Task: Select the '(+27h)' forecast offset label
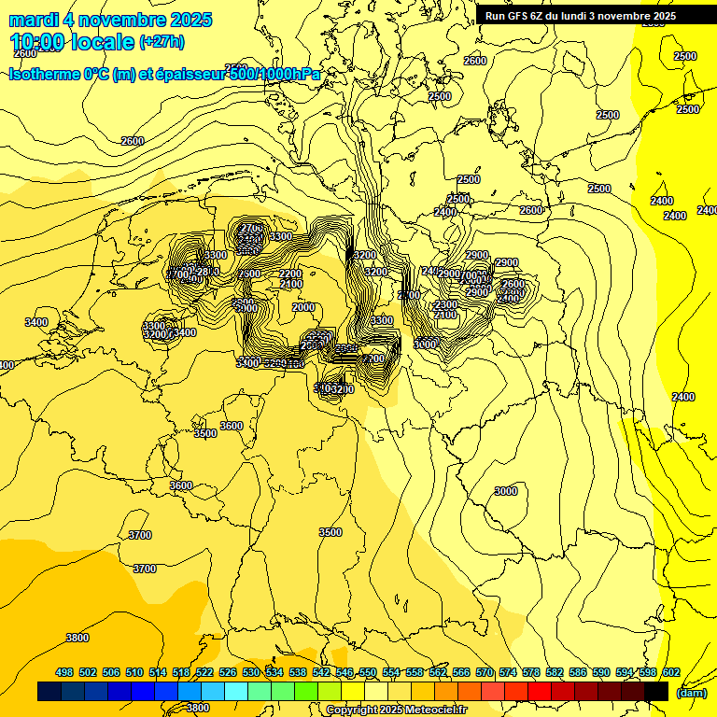[162, 41]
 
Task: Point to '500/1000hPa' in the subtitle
[274, 74]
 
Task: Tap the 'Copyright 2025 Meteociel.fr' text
[398, 710]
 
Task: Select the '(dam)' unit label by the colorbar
[690, 693]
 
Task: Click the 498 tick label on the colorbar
[64, 673]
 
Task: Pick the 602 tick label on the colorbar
[670, 673]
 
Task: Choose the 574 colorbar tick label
[508, 673]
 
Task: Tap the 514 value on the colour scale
[158, 673]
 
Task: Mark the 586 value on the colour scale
[578, 673]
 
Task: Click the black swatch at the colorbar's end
[656, 692]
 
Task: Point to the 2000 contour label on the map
[303, 307]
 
